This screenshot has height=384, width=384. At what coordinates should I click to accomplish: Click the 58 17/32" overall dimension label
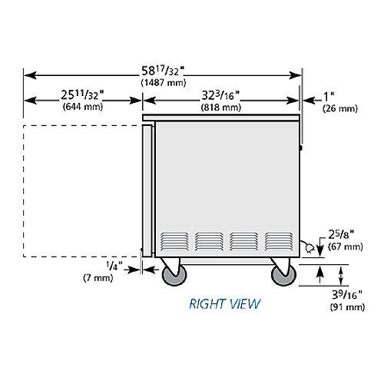[163, 71]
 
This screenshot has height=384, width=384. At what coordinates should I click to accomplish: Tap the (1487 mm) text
[164, 83]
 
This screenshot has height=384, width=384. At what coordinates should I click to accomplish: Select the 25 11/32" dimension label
[82, 95]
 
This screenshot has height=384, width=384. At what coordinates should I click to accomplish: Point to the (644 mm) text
[83, 107]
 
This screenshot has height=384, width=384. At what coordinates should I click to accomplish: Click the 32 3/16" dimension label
[220, 95]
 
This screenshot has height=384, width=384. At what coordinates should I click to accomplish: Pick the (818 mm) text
[221, 108]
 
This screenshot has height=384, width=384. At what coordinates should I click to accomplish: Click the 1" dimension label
[329, 97]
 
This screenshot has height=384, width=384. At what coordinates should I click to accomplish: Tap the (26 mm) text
[340, 108]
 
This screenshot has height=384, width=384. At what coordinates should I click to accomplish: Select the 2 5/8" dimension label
[341, 234]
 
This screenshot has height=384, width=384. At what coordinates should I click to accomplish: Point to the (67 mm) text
[346, 247]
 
